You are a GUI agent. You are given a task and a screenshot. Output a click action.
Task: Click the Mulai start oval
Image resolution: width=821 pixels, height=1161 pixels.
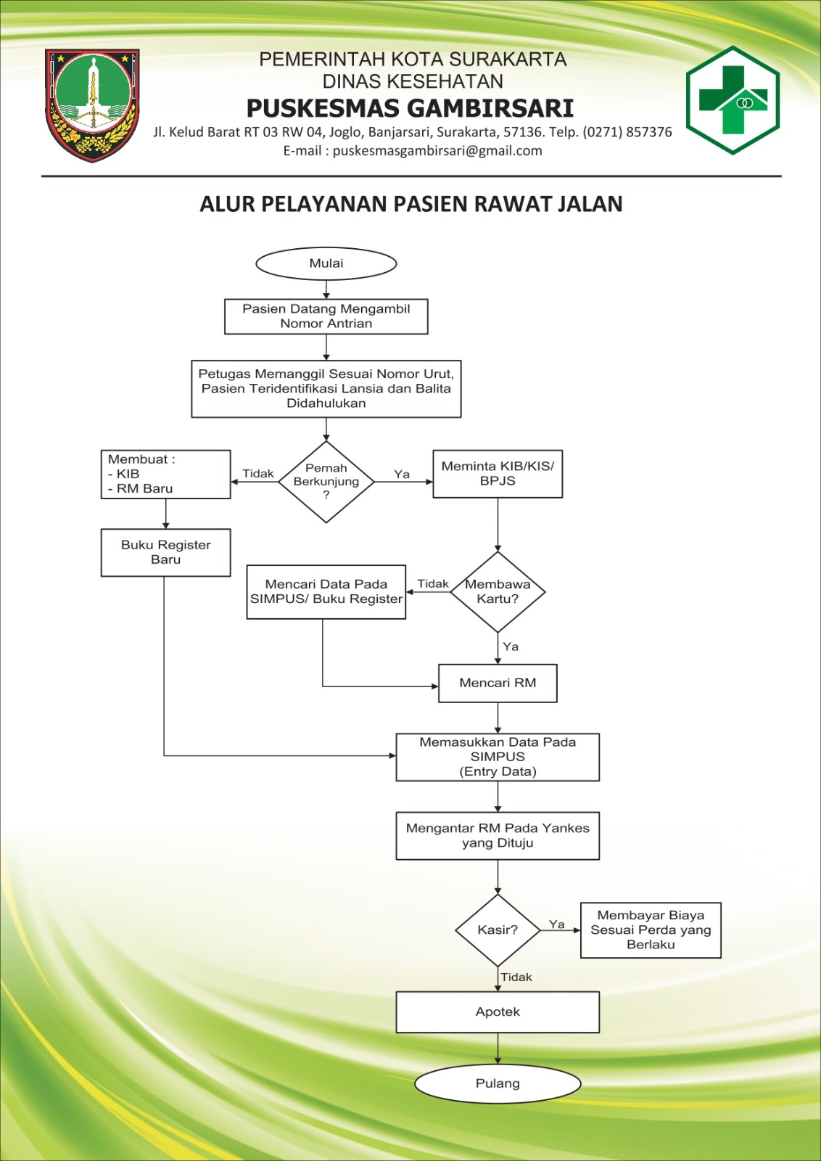326,263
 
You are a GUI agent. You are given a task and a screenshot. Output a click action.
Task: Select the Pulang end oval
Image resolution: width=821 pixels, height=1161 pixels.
498,1083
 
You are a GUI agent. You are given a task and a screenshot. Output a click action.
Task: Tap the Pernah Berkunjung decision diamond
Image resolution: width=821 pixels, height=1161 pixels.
326,482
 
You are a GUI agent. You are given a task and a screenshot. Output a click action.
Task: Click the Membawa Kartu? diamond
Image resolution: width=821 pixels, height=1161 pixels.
498,592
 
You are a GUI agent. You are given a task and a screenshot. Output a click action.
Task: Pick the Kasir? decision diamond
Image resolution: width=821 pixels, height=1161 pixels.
498,930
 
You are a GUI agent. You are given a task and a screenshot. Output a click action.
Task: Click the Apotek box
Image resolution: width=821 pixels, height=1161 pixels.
498,1012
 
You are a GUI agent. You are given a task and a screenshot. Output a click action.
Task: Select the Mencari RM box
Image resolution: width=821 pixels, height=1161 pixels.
498,683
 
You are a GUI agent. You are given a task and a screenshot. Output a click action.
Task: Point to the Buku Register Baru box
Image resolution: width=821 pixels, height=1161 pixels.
166,552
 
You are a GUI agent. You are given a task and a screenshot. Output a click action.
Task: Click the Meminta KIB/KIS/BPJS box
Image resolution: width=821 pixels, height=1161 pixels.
498,474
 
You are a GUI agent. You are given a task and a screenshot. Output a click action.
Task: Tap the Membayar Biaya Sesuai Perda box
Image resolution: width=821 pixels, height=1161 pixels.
651,930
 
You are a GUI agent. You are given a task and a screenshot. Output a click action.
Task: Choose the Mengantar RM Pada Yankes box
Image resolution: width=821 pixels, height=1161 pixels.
498,835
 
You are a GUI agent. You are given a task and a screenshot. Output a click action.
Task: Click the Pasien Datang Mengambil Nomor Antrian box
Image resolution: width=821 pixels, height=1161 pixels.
326,316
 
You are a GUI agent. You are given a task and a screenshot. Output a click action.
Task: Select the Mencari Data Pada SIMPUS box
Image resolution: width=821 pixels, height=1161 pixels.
326,592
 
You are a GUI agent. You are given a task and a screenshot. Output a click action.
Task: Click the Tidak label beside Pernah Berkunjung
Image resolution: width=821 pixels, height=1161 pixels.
258,473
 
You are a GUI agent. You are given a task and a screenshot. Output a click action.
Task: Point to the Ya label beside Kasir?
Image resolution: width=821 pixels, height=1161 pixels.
557,924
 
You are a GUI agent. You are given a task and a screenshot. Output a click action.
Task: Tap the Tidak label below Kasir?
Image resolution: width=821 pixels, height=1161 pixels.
516,977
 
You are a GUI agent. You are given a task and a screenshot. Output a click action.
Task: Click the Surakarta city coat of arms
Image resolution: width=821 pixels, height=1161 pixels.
92,105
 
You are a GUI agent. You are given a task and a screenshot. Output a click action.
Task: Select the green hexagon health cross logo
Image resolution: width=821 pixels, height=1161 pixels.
733,100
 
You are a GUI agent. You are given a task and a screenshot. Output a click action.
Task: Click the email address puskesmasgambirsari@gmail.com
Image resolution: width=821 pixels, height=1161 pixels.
437,151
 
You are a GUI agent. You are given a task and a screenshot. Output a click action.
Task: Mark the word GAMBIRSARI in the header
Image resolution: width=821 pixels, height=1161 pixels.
490,108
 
